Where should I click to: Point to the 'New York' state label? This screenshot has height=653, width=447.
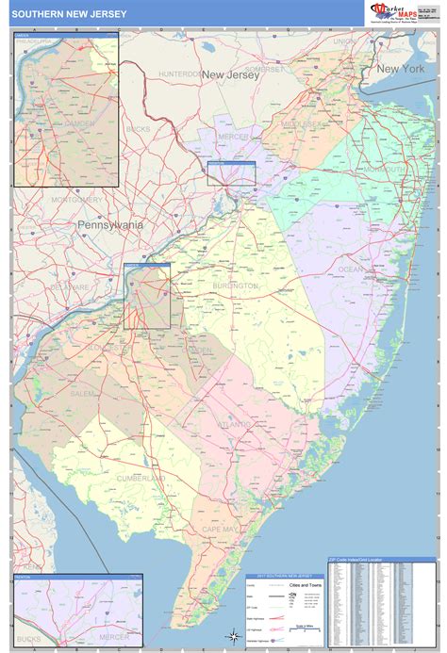click(x=401, y=70)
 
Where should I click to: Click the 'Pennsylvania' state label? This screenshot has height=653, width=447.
click(x=111, y=225)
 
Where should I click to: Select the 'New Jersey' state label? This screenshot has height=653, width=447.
click(x=230, y=74)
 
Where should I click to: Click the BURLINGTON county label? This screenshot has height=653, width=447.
click(x=234, y=285)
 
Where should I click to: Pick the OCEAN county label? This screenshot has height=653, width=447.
click(x=350, y=269)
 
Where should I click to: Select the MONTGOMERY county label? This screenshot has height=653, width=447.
click(x=77, y=200)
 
